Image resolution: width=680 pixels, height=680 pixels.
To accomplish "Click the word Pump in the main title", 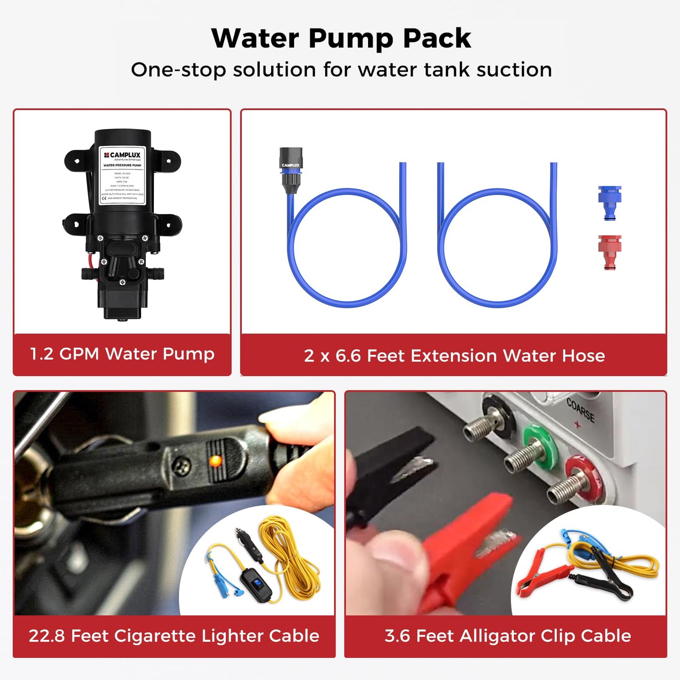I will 351,39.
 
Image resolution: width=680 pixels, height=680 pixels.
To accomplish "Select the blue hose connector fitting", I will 609,203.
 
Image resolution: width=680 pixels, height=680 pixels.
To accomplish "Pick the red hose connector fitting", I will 609,252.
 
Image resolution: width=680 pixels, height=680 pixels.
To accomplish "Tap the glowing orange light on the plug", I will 215,461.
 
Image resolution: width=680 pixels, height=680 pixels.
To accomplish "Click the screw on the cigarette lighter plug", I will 180,466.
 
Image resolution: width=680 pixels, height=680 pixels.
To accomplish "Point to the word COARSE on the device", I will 580,410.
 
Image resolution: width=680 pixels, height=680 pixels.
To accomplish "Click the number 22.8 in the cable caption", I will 47,636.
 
